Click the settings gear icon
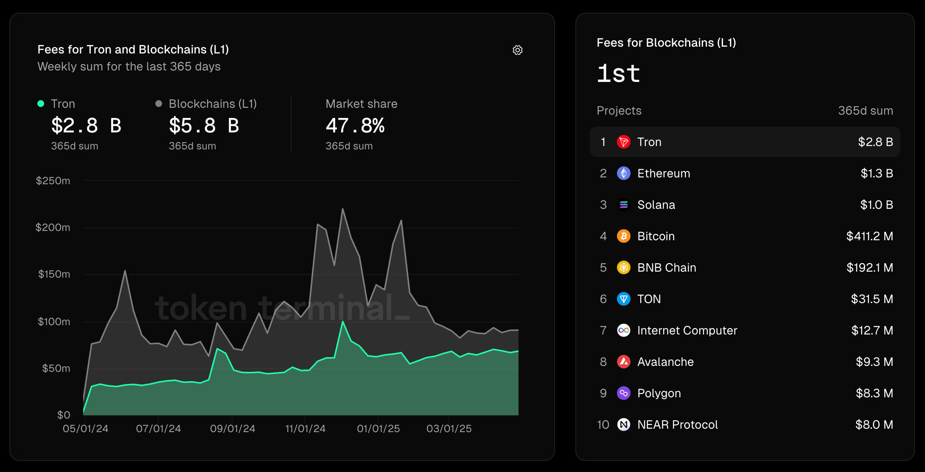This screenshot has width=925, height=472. click(x=517, y=50)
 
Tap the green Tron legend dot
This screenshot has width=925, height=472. click(x=41, y=104)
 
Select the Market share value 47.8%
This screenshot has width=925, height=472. click(x=355, y=126)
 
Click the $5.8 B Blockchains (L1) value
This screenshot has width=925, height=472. click(x=204, y=126)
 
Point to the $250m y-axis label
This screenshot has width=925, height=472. click(x=53, y=181)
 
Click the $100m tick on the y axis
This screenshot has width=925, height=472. click(x=54, y=322)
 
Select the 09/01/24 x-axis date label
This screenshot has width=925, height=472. click(x=233, y=429)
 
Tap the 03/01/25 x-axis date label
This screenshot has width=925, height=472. click(x=449, y=429)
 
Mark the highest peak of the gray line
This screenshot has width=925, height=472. click(x=343, y=209)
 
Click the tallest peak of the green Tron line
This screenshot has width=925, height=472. click(x=343, y=322)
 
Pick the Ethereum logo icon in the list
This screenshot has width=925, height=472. click(x=623, y=173)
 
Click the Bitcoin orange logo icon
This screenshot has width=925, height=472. click(x=623, y=236)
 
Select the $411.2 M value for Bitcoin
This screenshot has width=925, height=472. click(x=869, y=236)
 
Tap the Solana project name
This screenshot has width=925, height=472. click(x=656, y=205)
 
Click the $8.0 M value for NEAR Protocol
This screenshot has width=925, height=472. click(x=874, y=424)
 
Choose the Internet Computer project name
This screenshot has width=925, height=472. click(x=687, y=330)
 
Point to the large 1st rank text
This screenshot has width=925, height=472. click(x=618, y=74)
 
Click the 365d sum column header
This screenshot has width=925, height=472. click(x=865, y=111)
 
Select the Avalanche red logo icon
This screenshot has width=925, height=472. click(x=623, y=362)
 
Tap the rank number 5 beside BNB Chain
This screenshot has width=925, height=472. click(x=603, y=267)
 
